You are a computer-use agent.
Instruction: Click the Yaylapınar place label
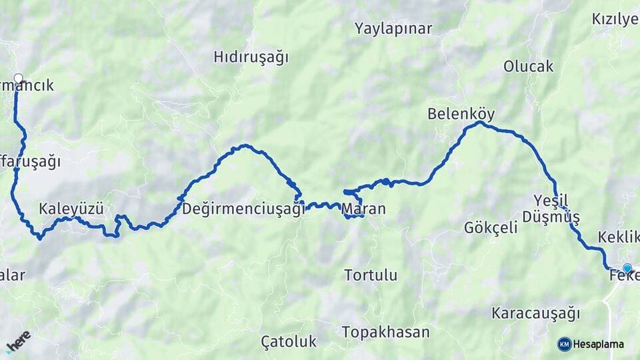pyautogui.click(x=393, y=29)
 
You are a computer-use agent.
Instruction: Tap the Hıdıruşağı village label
pyautogui.click(x=251, y=57)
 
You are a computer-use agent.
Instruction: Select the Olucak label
pyautogui.click(x=529, y=66)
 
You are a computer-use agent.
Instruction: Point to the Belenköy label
pyautogui.click(x=461, y=114)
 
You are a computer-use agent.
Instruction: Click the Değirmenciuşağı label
pyautogui.click(x=243, y=209)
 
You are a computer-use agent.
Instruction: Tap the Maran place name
pyautogui.click(x=363, y=209)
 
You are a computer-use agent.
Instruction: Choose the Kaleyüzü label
pyautogui.click(x=71, y=209)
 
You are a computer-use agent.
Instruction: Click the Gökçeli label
pyautogui.click(x=491, y=227)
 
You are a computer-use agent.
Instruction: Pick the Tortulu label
pyautogui.click(x=371, y=275)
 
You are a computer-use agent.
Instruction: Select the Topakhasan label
pyautogui.click(x=385, y=332)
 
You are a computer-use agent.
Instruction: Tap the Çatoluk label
pyautogui.click(x=288, y=342)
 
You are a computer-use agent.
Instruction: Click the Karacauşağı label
pyautogui.click(x=536, y=313)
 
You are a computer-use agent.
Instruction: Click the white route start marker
pyautogui.click(x=18, y=78)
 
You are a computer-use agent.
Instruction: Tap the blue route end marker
pyautogui.click(x=627, y=268)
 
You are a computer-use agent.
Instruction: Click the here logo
pyautogui.click(x=19, y=341)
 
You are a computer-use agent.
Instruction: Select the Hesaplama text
pyautogui.click(x=599, y=345)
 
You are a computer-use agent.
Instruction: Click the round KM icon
pyautogui.click(x=565, y=345)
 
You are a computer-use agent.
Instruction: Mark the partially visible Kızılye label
pyautogui.click(x=615, y=19)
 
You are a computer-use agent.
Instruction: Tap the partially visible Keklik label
pyautogui.click(x=619, y=237)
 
